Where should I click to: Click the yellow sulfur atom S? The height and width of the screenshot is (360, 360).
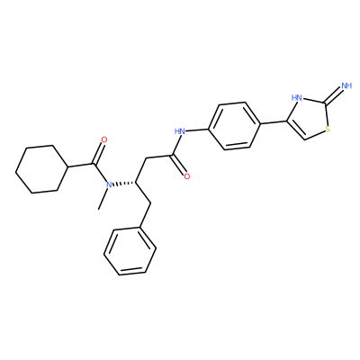coord(328,130)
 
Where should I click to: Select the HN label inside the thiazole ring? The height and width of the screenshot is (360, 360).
coord(297,97)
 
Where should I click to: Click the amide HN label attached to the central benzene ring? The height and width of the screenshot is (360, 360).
coord(180,131)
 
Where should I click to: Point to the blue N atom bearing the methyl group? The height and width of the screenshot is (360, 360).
coord(109,184)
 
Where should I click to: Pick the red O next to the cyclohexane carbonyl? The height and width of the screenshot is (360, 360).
coord(104,139)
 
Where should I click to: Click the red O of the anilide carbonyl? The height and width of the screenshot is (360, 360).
coord(187,176)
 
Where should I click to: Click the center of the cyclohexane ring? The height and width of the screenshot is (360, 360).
coord(40,169)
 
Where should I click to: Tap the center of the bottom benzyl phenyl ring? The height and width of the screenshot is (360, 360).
coord(130,251)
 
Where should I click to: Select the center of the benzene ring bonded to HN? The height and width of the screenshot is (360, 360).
coord(234,126)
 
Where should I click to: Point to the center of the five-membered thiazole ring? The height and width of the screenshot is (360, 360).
coord(309,120)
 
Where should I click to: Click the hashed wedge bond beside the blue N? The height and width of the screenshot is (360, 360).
coord(124,184)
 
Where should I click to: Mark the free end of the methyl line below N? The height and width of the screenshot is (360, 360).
coord(98,209)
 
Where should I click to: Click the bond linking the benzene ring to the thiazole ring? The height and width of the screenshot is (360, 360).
coord(273,123)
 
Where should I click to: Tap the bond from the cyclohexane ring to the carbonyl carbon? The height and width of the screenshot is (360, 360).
coord(79,166)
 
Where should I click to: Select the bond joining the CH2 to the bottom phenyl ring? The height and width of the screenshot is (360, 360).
coord(145,215)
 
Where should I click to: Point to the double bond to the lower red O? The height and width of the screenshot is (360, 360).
coord(178,165)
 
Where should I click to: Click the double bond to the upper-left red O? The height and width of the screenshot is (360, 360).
coord(98,153)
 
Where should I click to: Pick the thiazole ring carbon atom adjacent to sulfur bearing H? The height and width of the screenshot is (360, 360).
coord(305,139)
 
